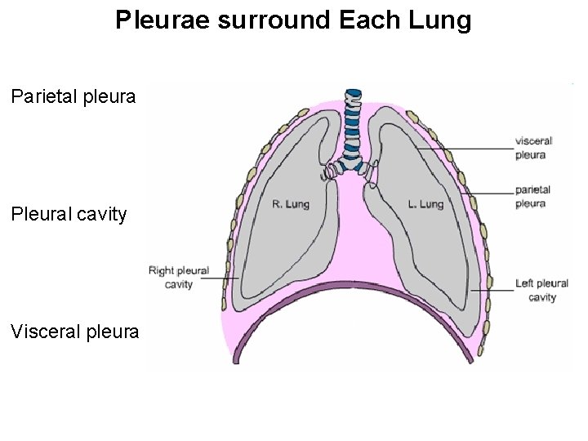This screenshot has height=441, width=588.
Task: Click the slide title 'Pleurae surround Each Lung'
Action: (x=293, y=20)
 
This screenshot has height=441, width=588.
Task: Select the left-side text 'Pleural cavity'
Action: (x=69, y=215)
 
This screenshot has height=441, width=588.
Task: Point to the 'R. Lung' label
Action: (x=291, y=204)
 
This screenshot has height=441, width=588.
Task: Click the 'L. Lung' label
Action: (x=425, y=204)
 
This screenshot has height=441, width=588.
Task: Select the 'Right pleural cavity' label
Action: (x=178, y=277)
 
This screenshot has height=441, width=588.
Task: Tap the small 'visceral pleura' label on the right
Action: (x=533, y=147)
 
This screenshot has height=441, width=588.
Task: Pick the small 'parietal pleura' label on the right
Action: (x=532, y=197)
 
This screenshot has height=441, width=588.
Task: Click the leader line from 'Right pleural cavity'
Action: (x=219, y=278)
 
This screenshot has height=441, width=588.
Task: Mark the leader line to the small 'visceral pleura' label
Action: (x=465, y=148)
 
